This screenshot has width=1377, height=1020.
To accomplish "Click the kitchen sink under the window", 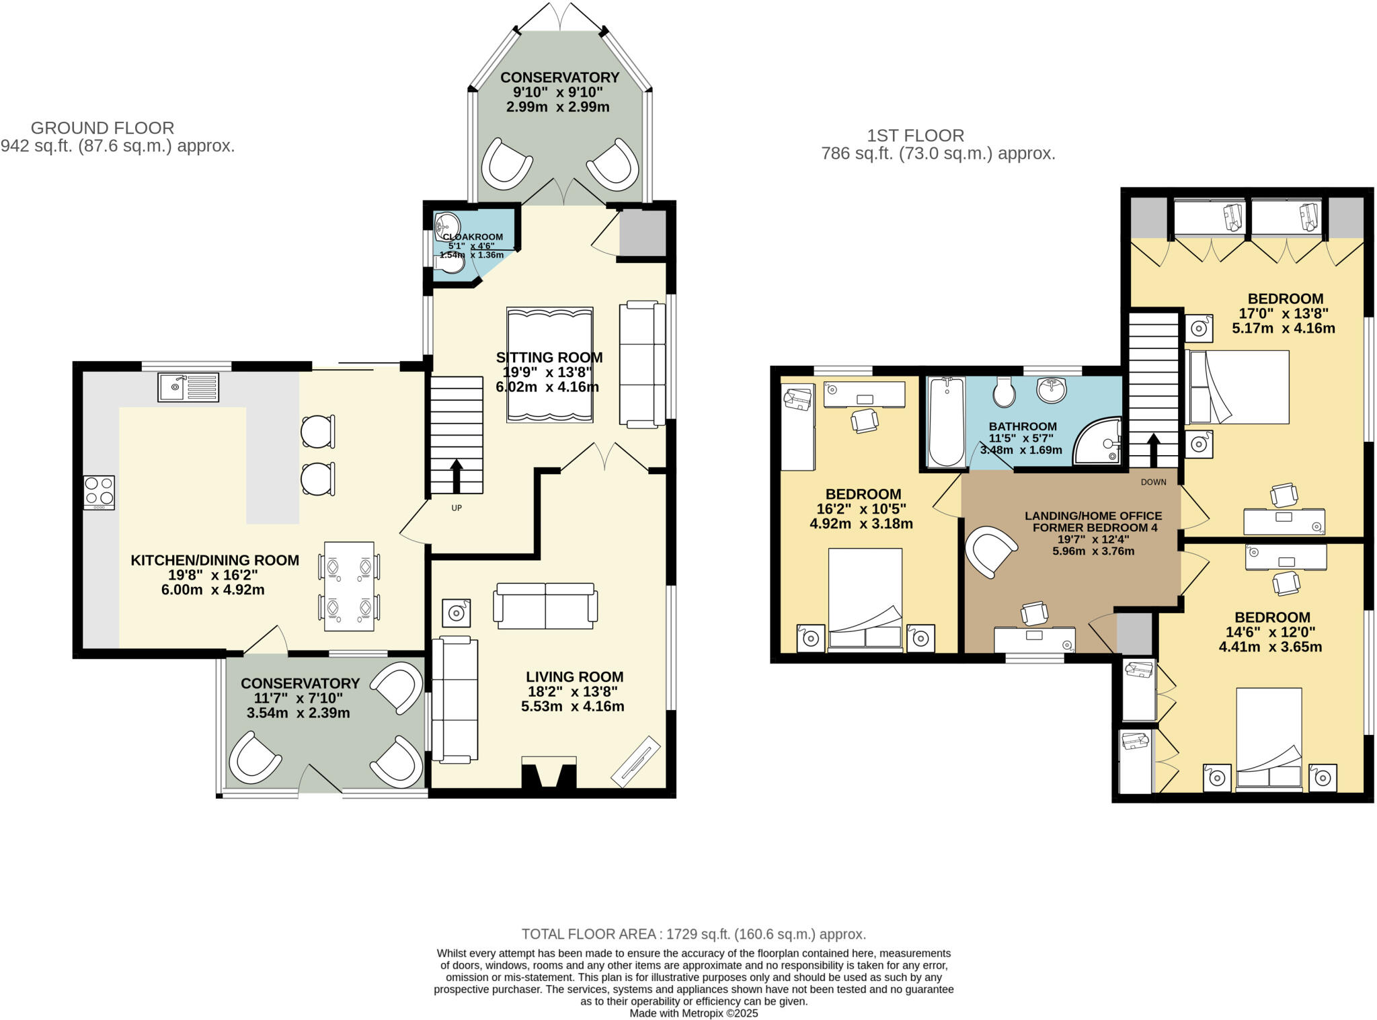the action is tap(188, 387).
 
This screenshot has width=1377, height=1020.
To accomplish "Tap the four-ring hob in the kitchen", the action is tap(99, 492).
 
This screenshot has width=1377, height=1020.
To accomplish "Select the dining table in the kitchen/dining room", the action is tap(349, 586).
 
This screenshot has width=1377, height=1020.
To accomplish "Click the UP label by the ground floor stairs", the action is tap(457, 508).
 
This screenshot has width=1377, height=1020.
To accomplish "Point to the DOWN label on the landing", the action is tap(1154, 482).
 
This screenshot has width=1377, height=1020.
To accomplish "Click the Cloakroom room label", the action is tap(473, 237).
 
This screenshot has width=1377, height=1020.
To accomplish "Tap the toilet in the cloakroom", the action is tap(450, 263).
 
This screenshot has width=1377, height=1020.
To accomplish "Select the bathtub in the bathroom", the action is tap(946, 422).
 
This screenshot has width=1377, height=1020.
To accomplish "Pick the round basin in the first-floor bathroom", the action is tap(1052, 389).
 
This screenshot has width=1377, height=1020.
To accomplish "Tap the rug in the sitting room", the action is tap(550, 365).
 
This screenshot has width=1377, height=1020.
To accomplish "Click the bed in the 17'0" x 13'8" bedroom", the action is tap(1238, 387).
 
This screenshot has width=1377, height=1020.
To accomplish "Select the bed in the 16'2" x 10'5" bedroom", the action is tap(865, 600).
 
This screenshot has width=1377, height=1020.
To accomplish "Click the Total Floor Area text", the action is tap(694, 934).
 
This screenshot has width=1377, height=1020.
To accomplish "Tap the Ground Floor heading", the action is tap(103, 128).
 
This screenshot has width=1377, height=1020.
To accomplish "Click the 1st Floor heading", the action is tap(916, 135).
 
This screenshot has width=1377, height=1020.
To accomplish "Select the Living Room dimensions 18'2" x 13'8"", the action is tap(573, 691).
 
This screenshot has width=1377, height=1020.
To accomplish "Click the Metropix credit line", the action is tap(694, 1013).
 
